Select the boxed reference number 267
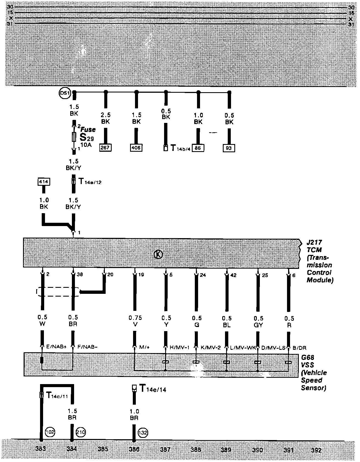(x=105, y=148)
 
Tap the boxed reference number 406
(x=136, y=148)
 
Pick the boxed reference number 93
(x=229, y=148)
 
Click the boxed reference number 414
(x=44, y=182)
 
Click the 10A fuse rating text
(x=86, y=145)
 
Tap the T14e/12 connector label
(x=90, y=182)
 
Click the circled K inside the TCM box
(x=158, y=255)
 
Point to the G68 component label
(x=308, y=358)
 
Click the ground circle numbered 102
(x=50, y=432)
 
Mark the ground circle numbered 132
(x=143, y=433)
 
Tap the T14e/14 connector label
(x=153, y=389)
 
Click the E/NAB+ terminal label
(x=56, y=347)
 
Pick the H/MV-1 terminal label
(x=180, y=347)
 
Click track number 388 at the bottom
(x=196, y=450)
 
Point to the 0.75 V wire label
(x=135, y=321)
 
